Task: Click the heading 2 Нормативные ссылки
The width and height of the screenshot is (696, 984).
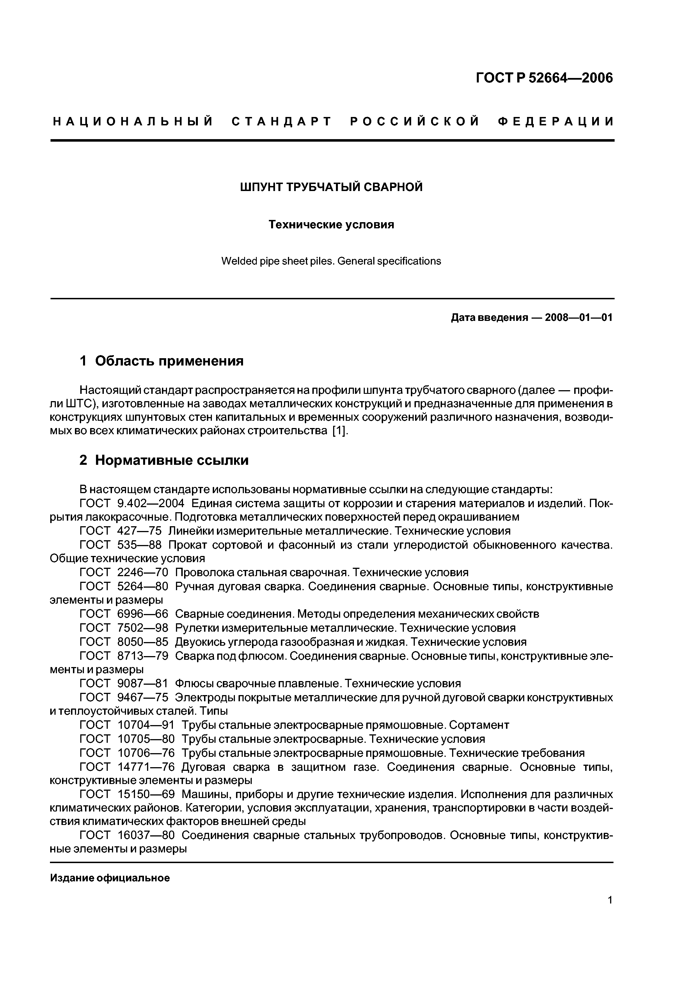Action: pos(164,460)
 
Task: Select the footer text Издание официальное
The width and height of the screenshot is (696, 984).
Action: pos(110,878)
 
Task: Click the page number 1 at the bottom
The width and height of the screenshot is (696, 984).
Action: pos(610,912)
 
